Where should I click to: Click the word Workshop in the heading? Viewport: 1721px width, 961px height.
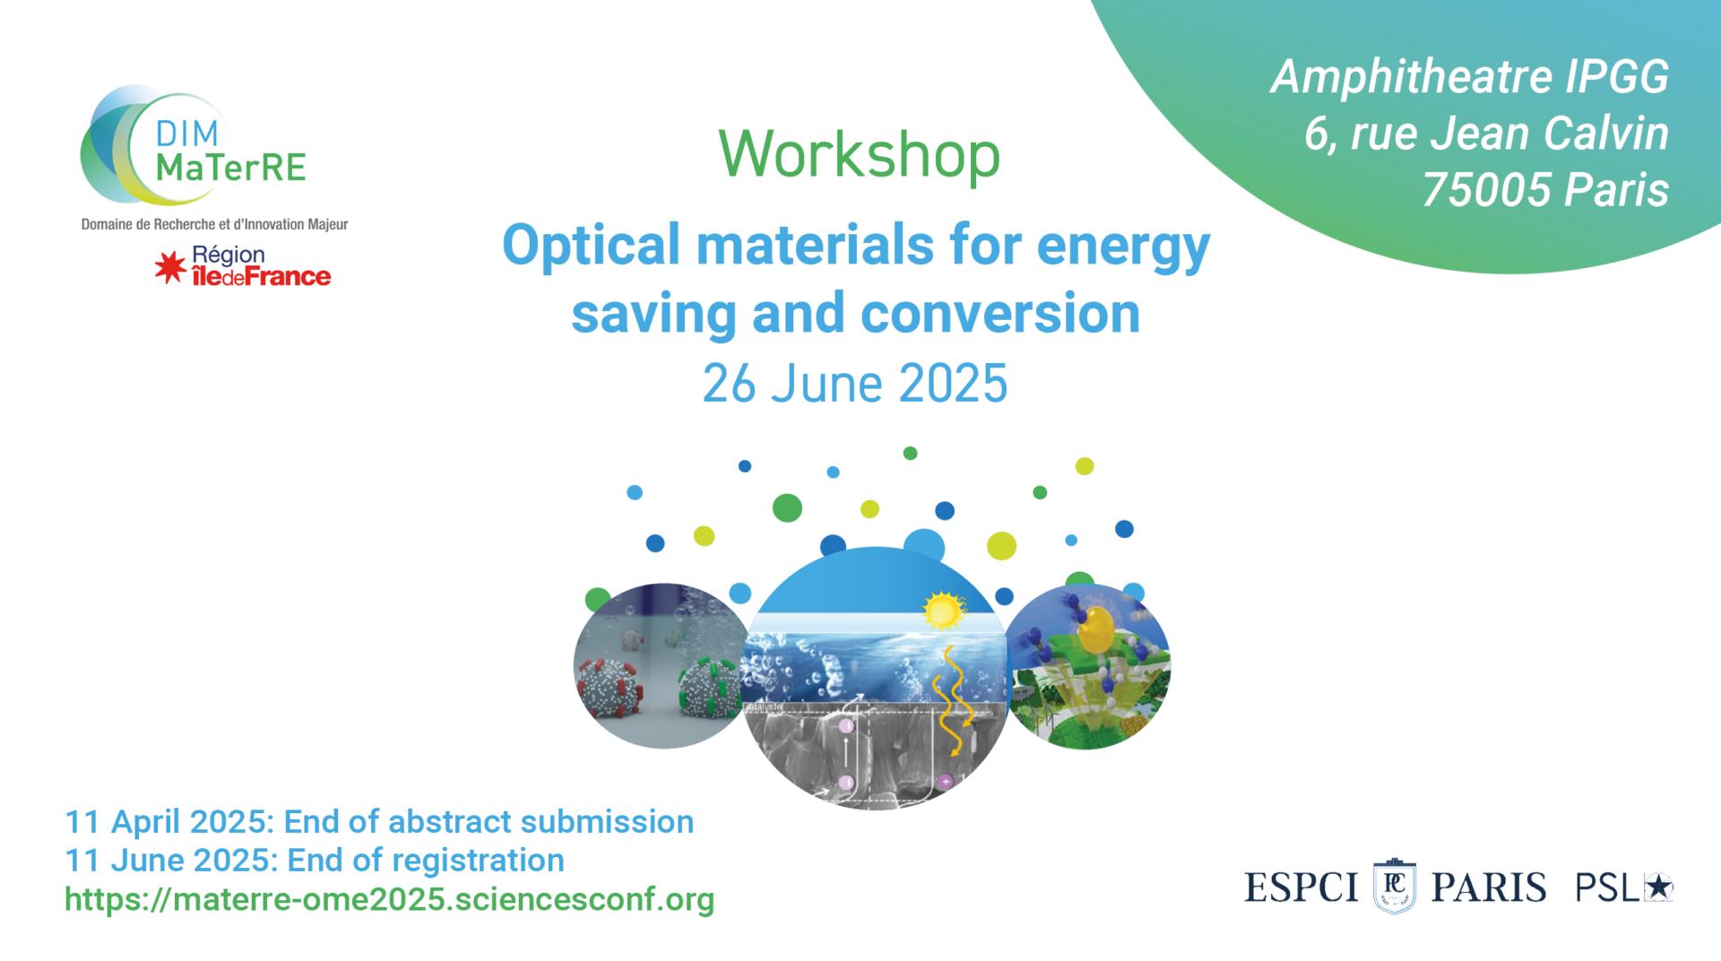(x=859, y=154)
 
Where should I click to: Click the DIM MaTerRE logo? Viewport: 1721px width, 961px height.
(x=194, y=146)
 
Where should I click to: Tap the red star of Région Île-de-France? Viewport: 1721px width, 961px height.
(x=170, y=267)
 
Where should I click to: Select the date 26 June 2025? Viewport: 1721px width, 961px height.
(x=855, y=384)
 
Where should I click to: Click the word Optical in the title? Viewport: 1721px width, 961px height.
(x=592, y=246)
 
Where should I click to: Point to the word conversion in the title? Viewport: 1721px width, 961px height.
(x=1000, y=314)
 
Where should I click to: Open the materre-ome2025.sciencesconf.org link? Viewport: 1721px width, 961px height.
(x=389, y=899)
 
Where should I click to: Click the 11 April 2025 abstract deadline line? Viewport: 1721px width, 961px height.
(x=379, y=821)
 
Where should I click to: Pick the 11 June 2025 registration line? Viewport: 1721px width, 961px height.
(x=315, y=860)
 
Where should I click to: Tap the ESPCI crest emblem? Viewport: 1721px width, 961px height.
(x=1395, y=886)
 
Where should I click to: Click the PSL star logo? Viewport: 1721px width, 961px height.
(x=1624, y=887)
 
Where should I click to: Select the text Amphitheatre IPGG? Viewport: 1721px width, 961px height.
(x=1470, y=77)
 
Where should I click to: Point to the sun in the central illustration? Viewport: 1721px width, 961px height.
(x=942, y=611)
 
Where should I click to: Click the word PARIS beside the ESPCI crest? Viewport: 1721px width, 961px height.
(x=1488, y=887)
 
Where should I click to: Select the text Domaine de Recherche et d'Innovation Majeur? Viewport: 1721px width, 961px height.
(x=214, y=224)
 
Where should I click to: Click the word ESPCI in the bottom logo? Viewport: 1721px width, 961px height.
(x=1302, y=887)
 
